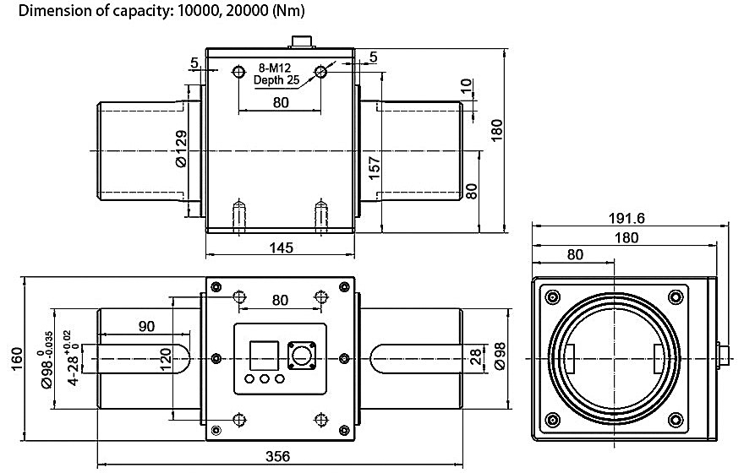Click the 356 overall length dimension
[x=278, y=456]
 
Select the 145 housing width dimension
[x=281, y=247]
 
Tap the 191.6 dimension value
[x=626, y=218]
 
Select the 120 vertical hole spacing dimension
[x=166, y=360]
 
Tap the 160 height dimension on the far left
[x=16, y=360]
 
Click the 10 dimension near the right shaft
[x=466, y=87]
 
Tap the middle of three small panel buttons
[x=265, y=379]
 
